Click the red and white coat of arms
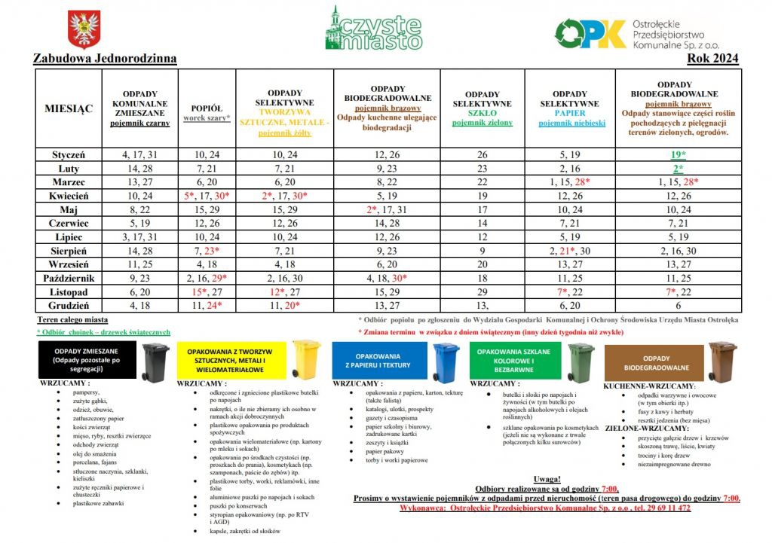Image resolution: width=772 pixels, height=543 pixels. point(84,29)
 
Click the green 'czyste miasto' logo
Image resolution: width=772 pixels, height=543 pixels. point(374,29)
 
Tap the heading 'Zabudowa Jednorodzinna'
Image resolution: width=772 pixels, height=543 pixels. point(105,59)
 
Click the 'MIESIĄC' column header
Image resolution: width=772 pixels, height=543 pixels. point(69,108)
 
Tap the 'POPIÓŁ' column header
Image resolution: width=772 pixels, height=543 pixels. point(207,108)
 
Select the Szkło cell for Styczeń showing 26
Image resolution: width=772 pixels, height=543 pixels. point(482,154)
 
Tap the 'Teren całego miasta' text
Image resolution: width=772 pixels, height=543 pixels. point(72,320)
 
